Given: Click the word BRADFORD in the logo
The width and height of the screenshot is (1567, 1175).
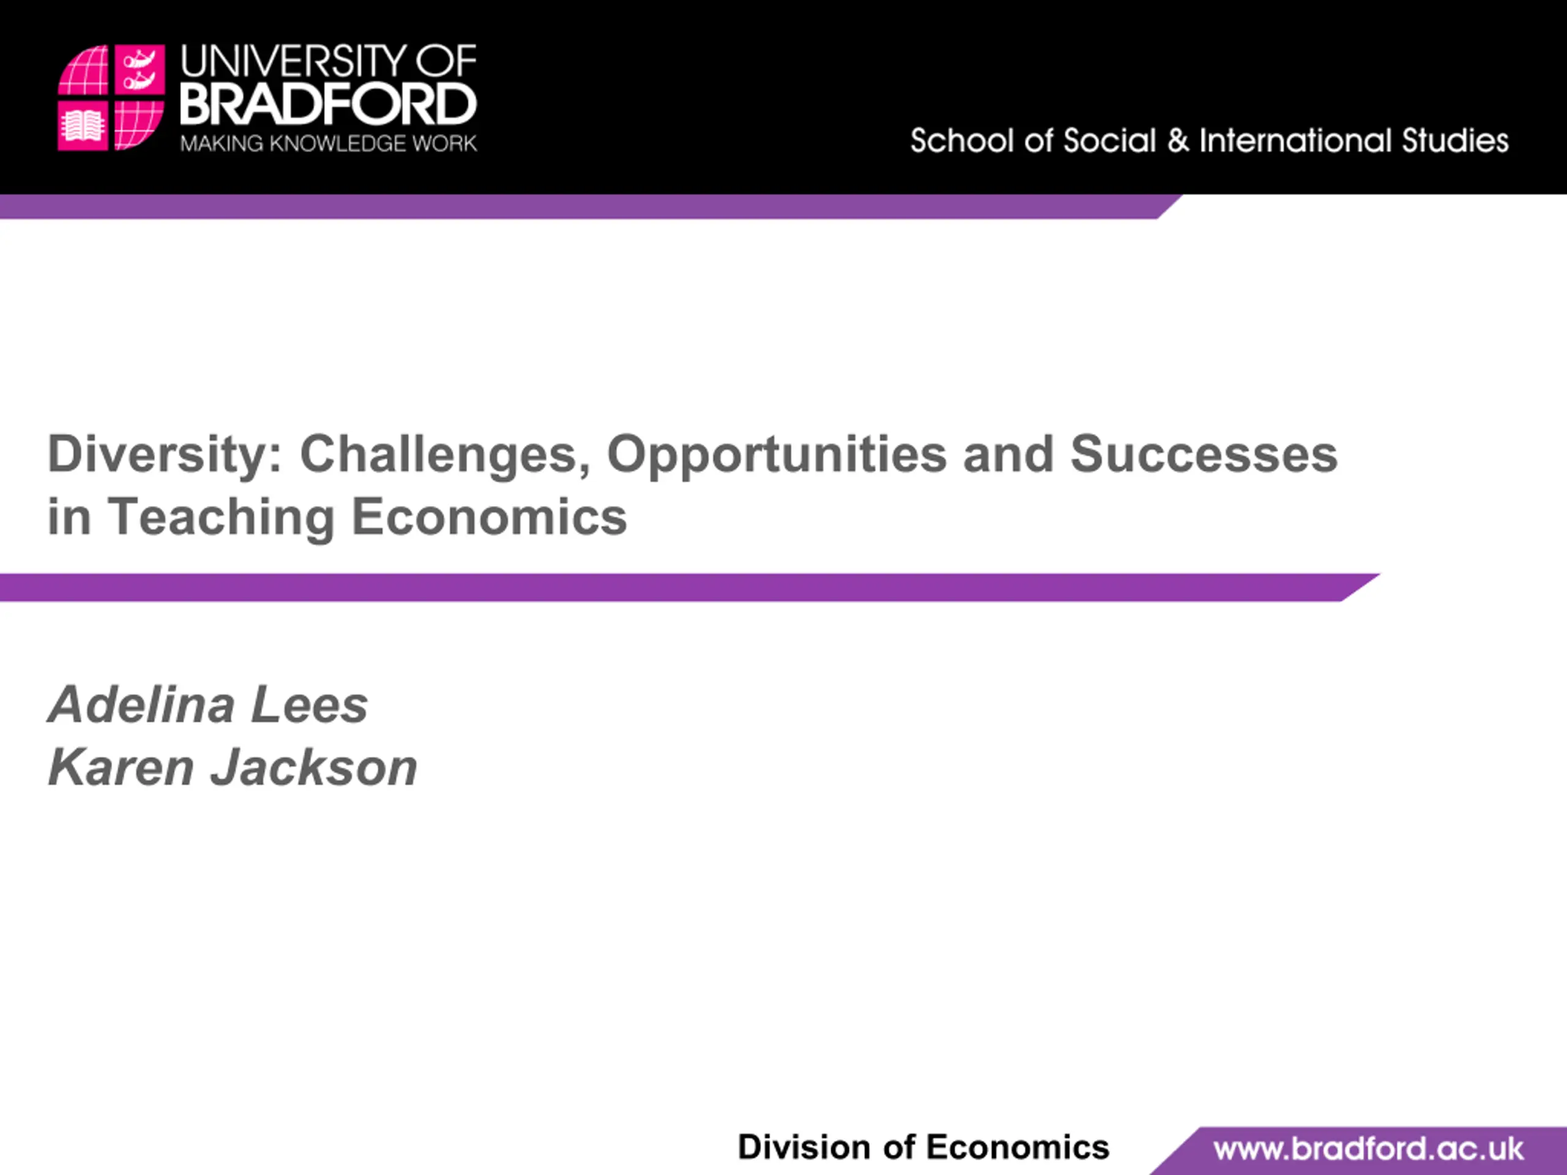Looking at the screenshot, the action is click(329, 105).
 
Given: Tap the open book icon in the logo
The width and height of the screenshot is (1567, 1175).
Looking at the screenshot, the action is click(83, 127).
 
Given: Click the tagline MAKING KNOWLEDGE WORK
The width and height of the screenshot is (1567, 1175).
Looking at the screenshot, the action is click(329, 144).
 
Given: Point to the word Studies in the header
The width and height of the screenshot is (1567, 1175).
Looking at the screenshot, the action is click(1455, 141).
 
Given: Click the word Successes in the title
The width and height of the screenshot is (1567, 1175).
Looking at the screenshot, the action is click(1203, 454).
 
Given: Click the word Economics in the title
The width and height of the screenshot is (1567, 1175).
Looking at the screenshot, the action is click(490, 517).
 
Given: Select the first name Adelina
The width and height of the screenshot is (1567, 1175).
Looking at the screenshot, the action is click(141, 705).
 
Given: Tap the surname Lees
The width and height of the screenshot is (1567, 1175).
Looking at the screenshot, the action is click(310, 706).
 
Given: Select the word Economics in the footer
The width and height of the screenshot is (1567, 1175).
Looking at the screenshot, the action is click(1017, 1147).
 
